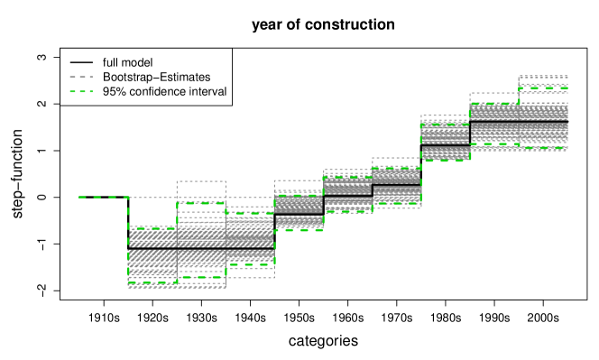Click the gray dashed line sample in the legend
pyautogui.click(x=81, y=78)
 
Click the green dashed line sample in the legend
pyautogui.click(x=81, y=91)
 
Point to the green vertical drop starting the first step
pyautogui.click(x=128, y=212)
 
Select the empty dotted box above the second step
pyautogui.click(x=201, y=191)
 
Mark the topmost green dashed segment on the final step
pyautogui.click(x=543, y=88)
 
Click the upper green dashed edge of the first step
pyautogui.click(x=152, y=228)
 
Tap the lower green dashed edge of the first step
pyautogui.click(x=152, y=282)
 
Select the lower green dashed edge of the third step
pyautogui.click(x=250, y=264)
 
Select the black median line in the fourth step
pyautogui.click(x=299, y=213)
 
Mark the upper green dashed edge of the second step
pyautogui.click(x=201, y=203)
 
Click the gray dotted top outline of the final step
pyautogui.click(x=543, y=77)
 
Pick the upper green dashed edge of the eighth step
pyautogui.click(x=493, y=104)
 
